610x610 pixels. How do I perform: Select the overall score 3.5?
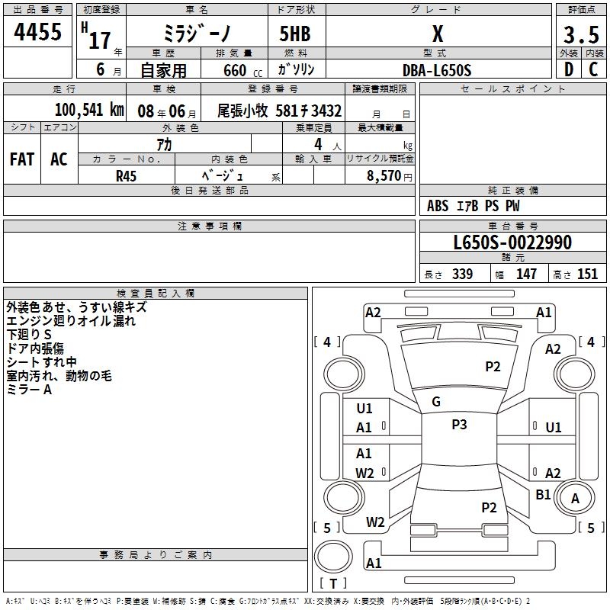click(x=579, y=35)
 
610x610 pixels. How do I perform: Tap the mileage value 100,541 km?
click(x=88, y=110)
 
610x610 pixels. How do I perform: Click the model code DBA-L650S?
click(x=437, y=70)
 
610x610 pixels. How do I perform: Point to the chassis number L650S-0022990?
click(x=512, y=243)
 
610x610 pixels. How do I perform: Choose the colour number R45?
click(x=126, y=175)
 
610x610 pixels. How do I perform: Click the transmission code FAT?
click(x=22, y=159)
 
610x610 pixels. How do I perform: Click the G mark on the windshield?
click(x=436, y=401)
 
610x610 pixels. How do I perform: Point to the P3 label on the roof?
click(x=459, y=425)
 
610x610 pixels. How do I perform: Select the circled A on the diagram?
click(x=576, y=498)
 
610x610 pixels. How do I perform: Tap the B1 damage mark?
click(x=543, y=494)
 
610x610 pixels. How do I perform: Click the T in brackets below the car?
click(x=332, y=583)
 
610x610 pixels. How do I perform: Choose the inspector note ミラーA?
click(x=29, y=389)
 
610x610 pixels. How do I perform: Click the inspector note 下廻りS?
click(x=29, y=335)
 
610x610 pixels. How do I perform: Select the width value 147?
click(x=526, y=274)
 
